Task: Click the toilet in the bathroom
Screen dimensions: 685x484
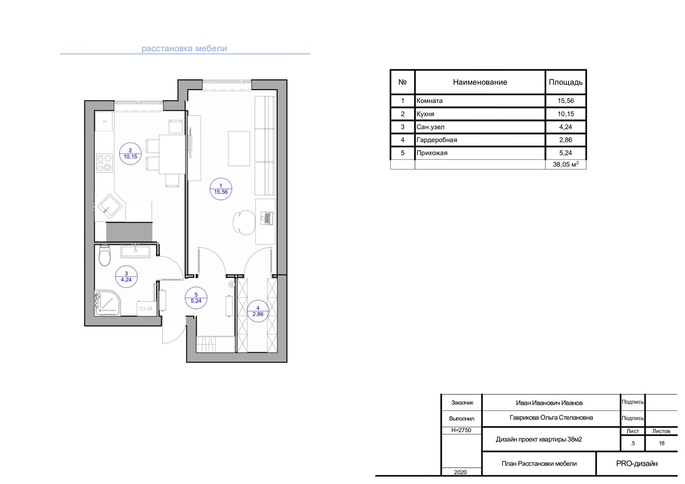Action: tap(105, 256)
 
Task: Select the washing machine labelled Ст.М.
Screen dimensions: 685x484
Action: tap(146, 308)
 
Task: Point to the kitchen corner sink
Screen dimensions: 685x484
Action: tap(110, 207)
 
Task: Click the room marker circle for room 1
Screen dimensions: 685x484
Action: tap(221, 189)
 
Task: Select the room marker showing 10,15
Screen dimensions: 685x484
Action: tap(130, 154)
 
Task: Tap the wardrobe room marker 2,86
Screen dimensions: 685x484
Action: tap(258, 311)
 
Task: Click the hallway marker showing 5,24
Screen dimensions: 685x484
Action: tap(196, 298)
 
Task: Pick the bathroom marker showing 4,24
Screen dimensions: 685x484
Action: tap(126, 277)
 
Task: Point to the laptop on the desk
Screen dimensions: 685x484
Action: tap(266, 218)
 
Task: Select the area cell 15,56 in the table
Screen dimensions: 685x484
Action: tap(566, 101)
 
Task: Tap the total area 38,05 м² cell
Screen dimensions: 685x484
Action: tap(566, 164)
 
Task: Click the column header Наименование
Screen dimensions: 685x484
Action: tap(480, 82)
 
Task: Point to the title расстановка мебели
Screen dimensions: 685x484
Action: tap(184, 49)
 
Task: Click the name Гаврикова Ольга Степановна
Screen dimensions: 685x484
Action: tap(551, 418)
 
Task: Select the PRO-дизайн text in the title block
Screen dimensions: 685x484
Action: tap(636, 463)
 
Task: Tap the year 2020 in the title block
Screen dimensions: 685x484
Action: tap(460, 472)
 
